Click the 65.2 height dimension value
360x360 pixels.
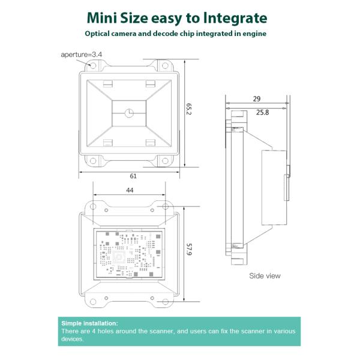[x=188, y=109]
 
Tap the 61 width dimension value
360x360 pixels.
[x=133, y=176]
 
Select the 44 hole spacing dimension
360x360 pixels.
[x=130, y=190]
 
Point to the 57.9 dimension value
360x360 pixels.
[x=188, y=250]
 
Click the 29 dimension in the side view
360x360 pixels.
[x=257, y=99]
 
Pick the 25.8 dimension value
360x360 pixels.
[x=262, y=112]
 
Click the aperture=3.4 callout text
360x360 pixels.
[x=81, y=55]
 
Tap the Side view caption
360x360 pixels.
[x=265, y=276]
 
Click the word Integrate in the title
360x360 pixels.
[x=235, y=18]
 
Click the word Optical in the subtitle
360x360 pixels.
[x=97, y=34]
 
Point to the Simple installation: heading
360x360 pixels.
[x=89, y=323]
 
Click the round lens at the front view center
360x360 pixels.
[x=129, y=113]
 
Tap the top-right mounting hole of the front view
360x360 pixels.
[x=165, y=65]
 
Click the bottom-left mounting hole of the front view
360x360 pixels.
[x=93, y=160]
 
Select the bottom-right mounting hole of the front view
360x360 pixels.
[x=165, y=160]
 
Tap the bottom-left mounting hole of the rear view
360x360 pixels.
[x=93, y=301]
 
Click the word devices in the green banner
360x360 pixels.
[x=71, y=339]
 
